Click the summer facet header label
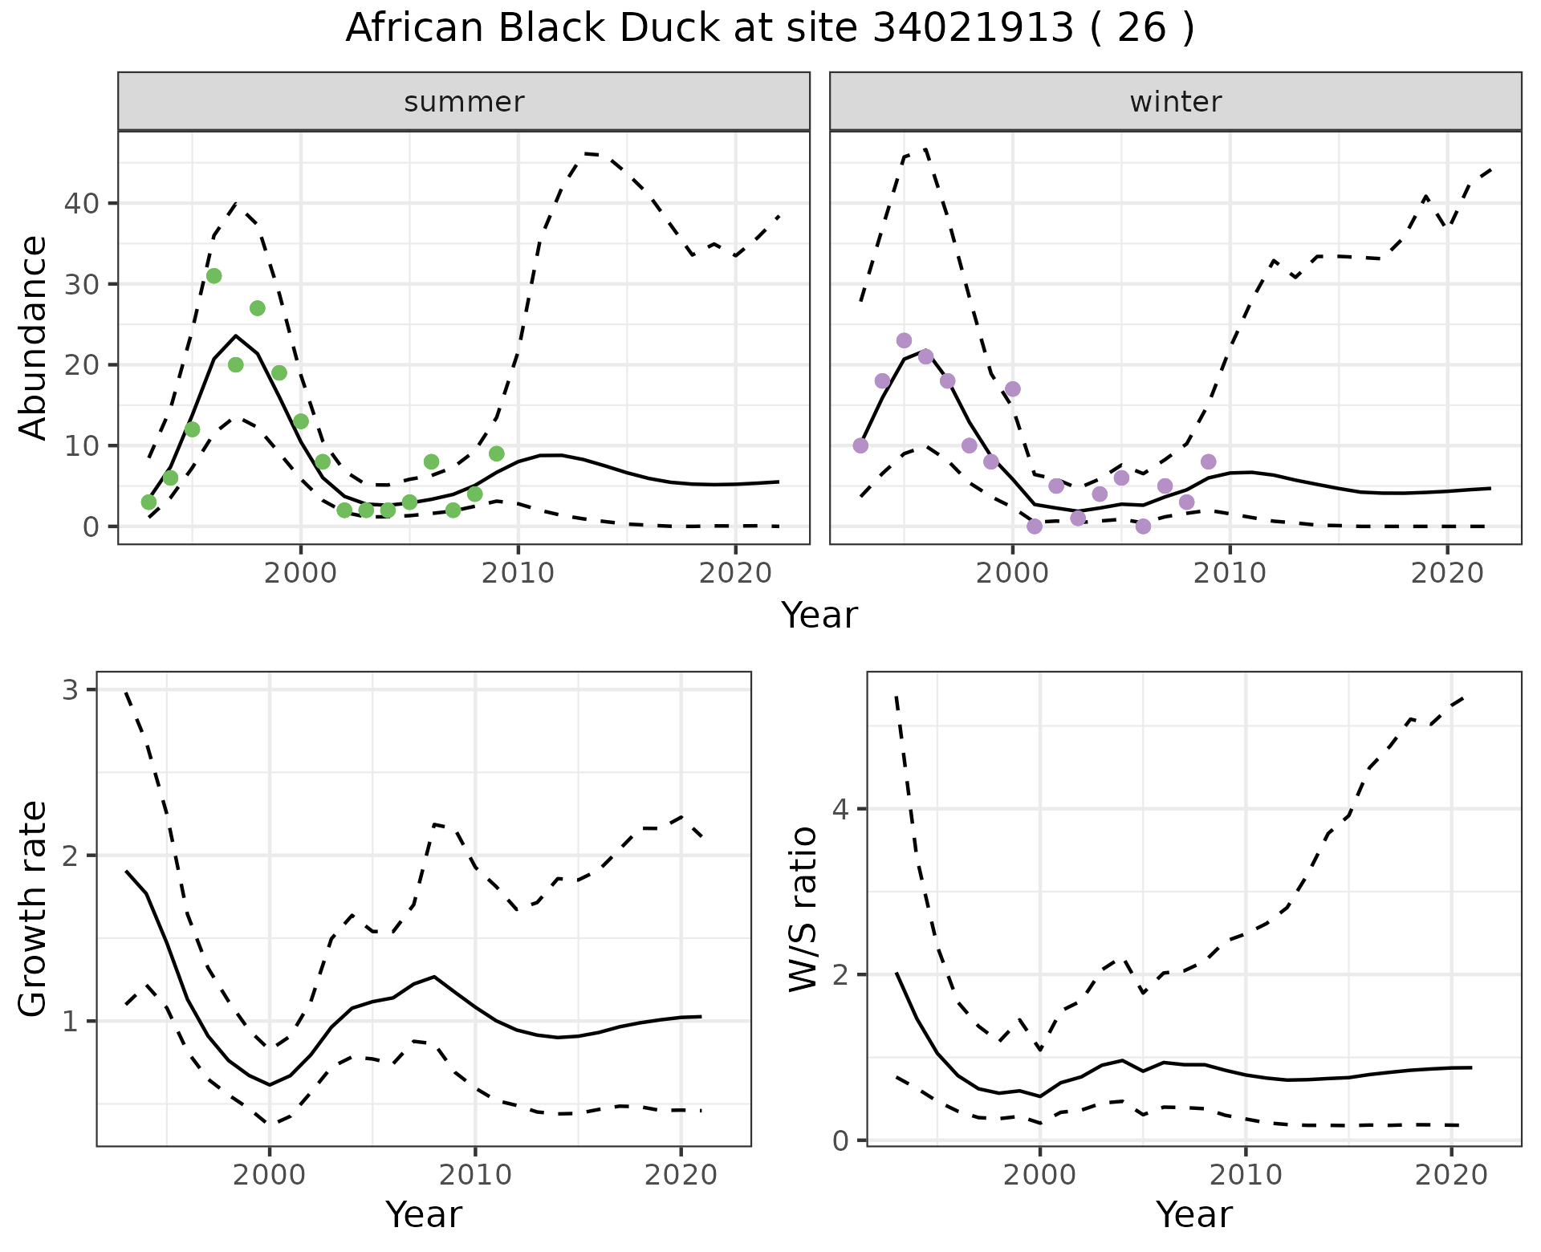[x=464, y=102]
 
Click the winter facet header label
[x=1175, y=102]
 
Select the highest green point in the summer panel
[x=213, y=276]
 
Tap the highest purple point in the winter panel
[x=904, y=340]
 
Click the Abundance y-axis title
[x=34, y=337]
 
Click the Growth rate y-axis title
[x=34, y=909]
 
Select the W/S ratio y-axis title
[x=803, y=909]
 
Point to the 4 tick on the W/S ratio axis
[x=840, y=809]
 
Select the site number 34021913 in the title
[x=973, y=29]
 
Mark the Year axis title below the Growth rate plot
[x=424, y=1214]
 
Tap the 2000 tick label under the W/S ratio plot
[x=1039, y=1176]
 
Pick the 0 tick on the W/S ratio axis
[x=840, y=1140]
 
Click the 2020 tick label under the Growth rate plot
[x=681, y=1176]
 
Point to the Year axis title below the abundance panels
[x=819, y=616]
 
